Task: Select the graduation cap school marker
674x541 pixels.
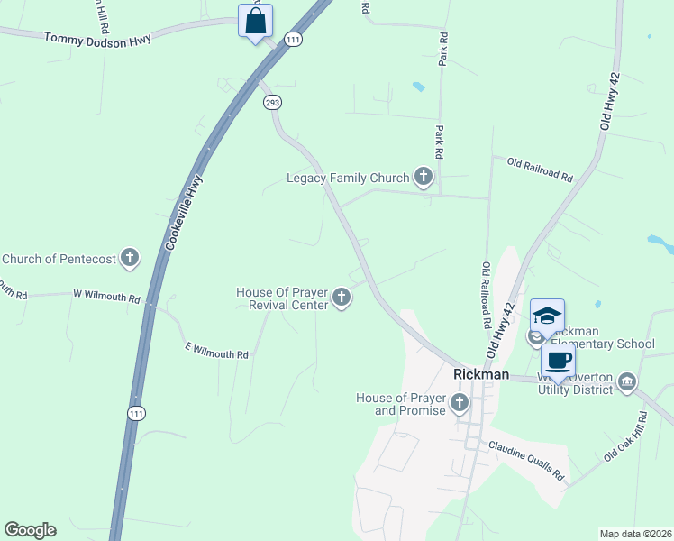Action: click(x=547, y=316)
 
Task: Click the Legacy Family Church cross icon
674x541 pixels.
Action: click(x=424, y=178)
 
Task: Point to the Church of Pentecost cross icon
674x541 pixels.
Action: click(x=130, y=259)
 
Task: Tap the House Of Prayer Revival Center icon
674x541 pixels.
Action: click(x=342, y=297)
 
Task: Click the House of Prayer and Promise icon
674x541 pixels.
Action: click(x=460, y=402)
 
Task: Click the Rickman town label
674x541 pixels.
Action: click(x=481, y=374)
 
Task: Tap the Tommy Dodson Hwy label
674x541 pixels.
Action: click(x=96, y=37)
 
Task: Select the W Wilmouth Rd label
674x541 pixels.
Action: click(x=106, y=297)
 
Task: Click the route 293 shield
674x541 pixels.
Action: click(x=272, y=103)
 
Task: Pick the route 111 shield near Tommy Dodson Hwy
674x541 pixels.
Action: click(x=293, y=39)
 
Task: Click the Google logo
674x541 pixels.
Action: click(x=30, y=530)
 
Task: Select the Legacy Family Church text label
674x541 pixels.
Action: click(x=348, y=178)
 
